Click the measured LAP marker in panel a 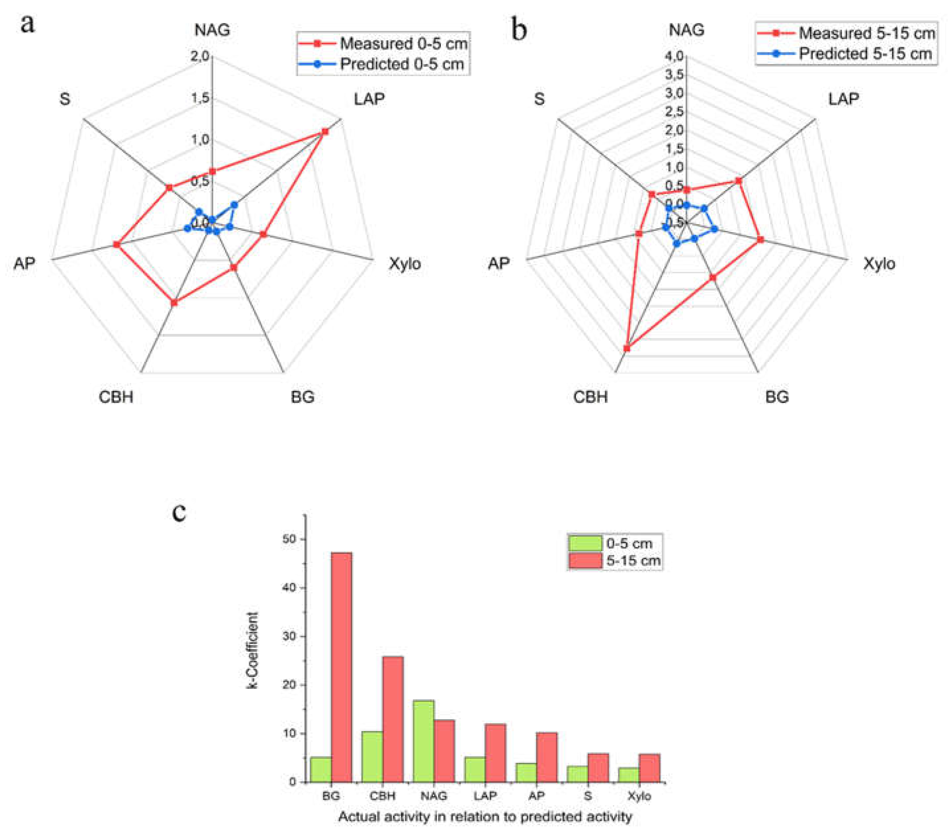click(x=325, y=132)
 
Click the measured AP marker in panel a click(x=117, y=244)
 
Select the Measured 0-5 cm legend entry click(x=383, y=43)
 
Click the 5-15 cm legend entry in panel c click(x=615, y=561)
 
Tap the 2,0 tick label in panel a click(x=200, y=56)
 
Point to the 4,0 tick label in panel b click(x=674, y=56)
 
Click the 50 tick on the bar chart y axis click(x=289, y=539)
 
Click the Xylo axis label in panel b click(x=879, y=264)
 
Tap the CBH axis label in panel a click(x=116, y=397)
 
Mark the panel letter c click(x=179, y=512)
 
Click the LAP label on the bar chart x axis click(x=485, y=796)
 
